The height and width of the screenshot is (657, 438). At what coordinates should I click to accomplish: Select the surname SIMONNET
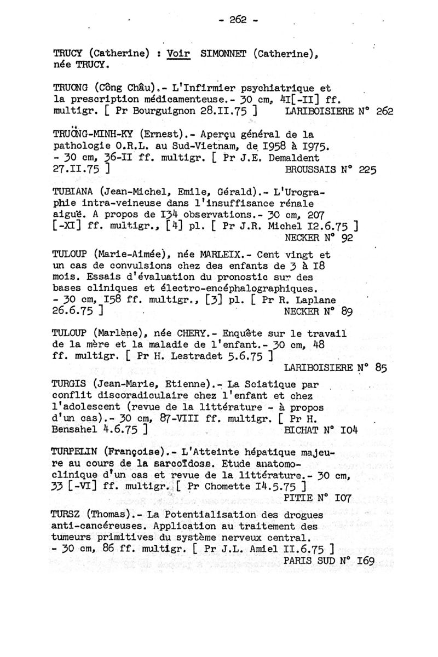[224, 54]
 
